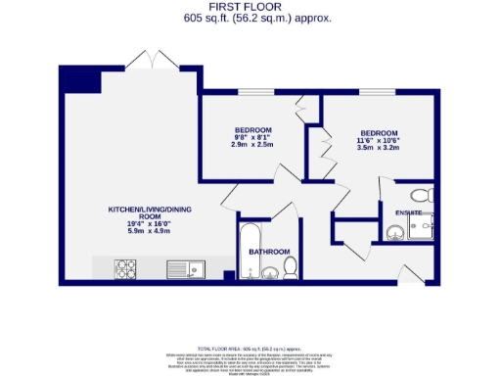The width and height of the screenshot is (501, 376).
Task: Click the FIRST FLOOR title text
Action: pyautogui.click(x=250, y=7)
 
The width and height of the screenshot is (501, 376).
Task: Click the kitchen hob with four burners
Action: pyautogui.click(x=126, y=267)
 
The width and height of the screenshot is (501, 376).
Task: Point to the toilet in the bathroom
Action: pyautogui.click(x=289, y=265)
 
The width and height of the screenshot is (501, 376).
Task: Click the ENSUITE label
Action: pyautogui.click(x=409, y=212)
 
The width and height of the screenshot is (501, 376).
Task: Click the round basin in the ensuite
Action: pyautogui.click(x=393, y=232)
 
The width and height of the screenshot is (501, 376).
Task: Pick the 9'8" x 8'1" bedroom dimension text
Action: pyautogui.click(x=252, y=137)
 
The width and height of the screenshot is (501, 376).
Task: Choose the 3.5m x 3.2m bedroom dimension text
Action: pyautogui.click(x=379, y=148)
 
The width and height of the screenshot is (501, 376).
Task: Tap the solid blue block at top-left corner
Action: pyautogui.click(x=78, y=79)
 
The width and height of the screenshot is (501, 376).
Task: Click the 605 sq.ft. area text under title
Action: pyautogui.click(x=250, y=18)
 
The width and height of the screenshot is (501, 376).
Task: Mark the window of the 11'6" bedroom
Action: pyautogui.click(x=379, y=94)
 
